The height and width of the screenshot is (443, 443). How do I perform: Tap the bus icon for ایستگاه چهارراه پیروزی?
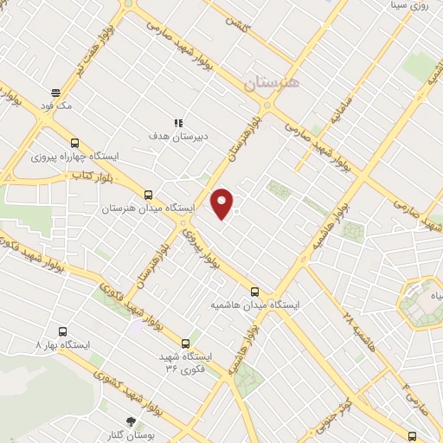point(74,144)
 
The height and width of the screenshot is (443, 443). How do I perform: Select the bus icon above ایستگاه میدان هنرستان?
point(148,196)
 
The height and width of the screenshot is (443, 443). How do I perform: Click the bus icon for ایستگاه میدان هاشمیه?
point(254,292)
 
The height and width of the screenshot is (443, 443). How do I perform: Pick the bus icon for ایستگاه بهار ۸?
point(62,331)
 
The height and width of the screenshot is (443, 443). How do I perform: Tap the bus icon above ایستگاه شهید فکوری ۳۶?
point(186,343)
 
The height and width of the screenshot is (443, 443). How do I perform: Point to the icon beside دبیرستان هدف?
point(177,124)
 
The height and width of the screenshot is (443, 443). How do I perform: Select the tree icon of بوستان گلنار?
point(131,421)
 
